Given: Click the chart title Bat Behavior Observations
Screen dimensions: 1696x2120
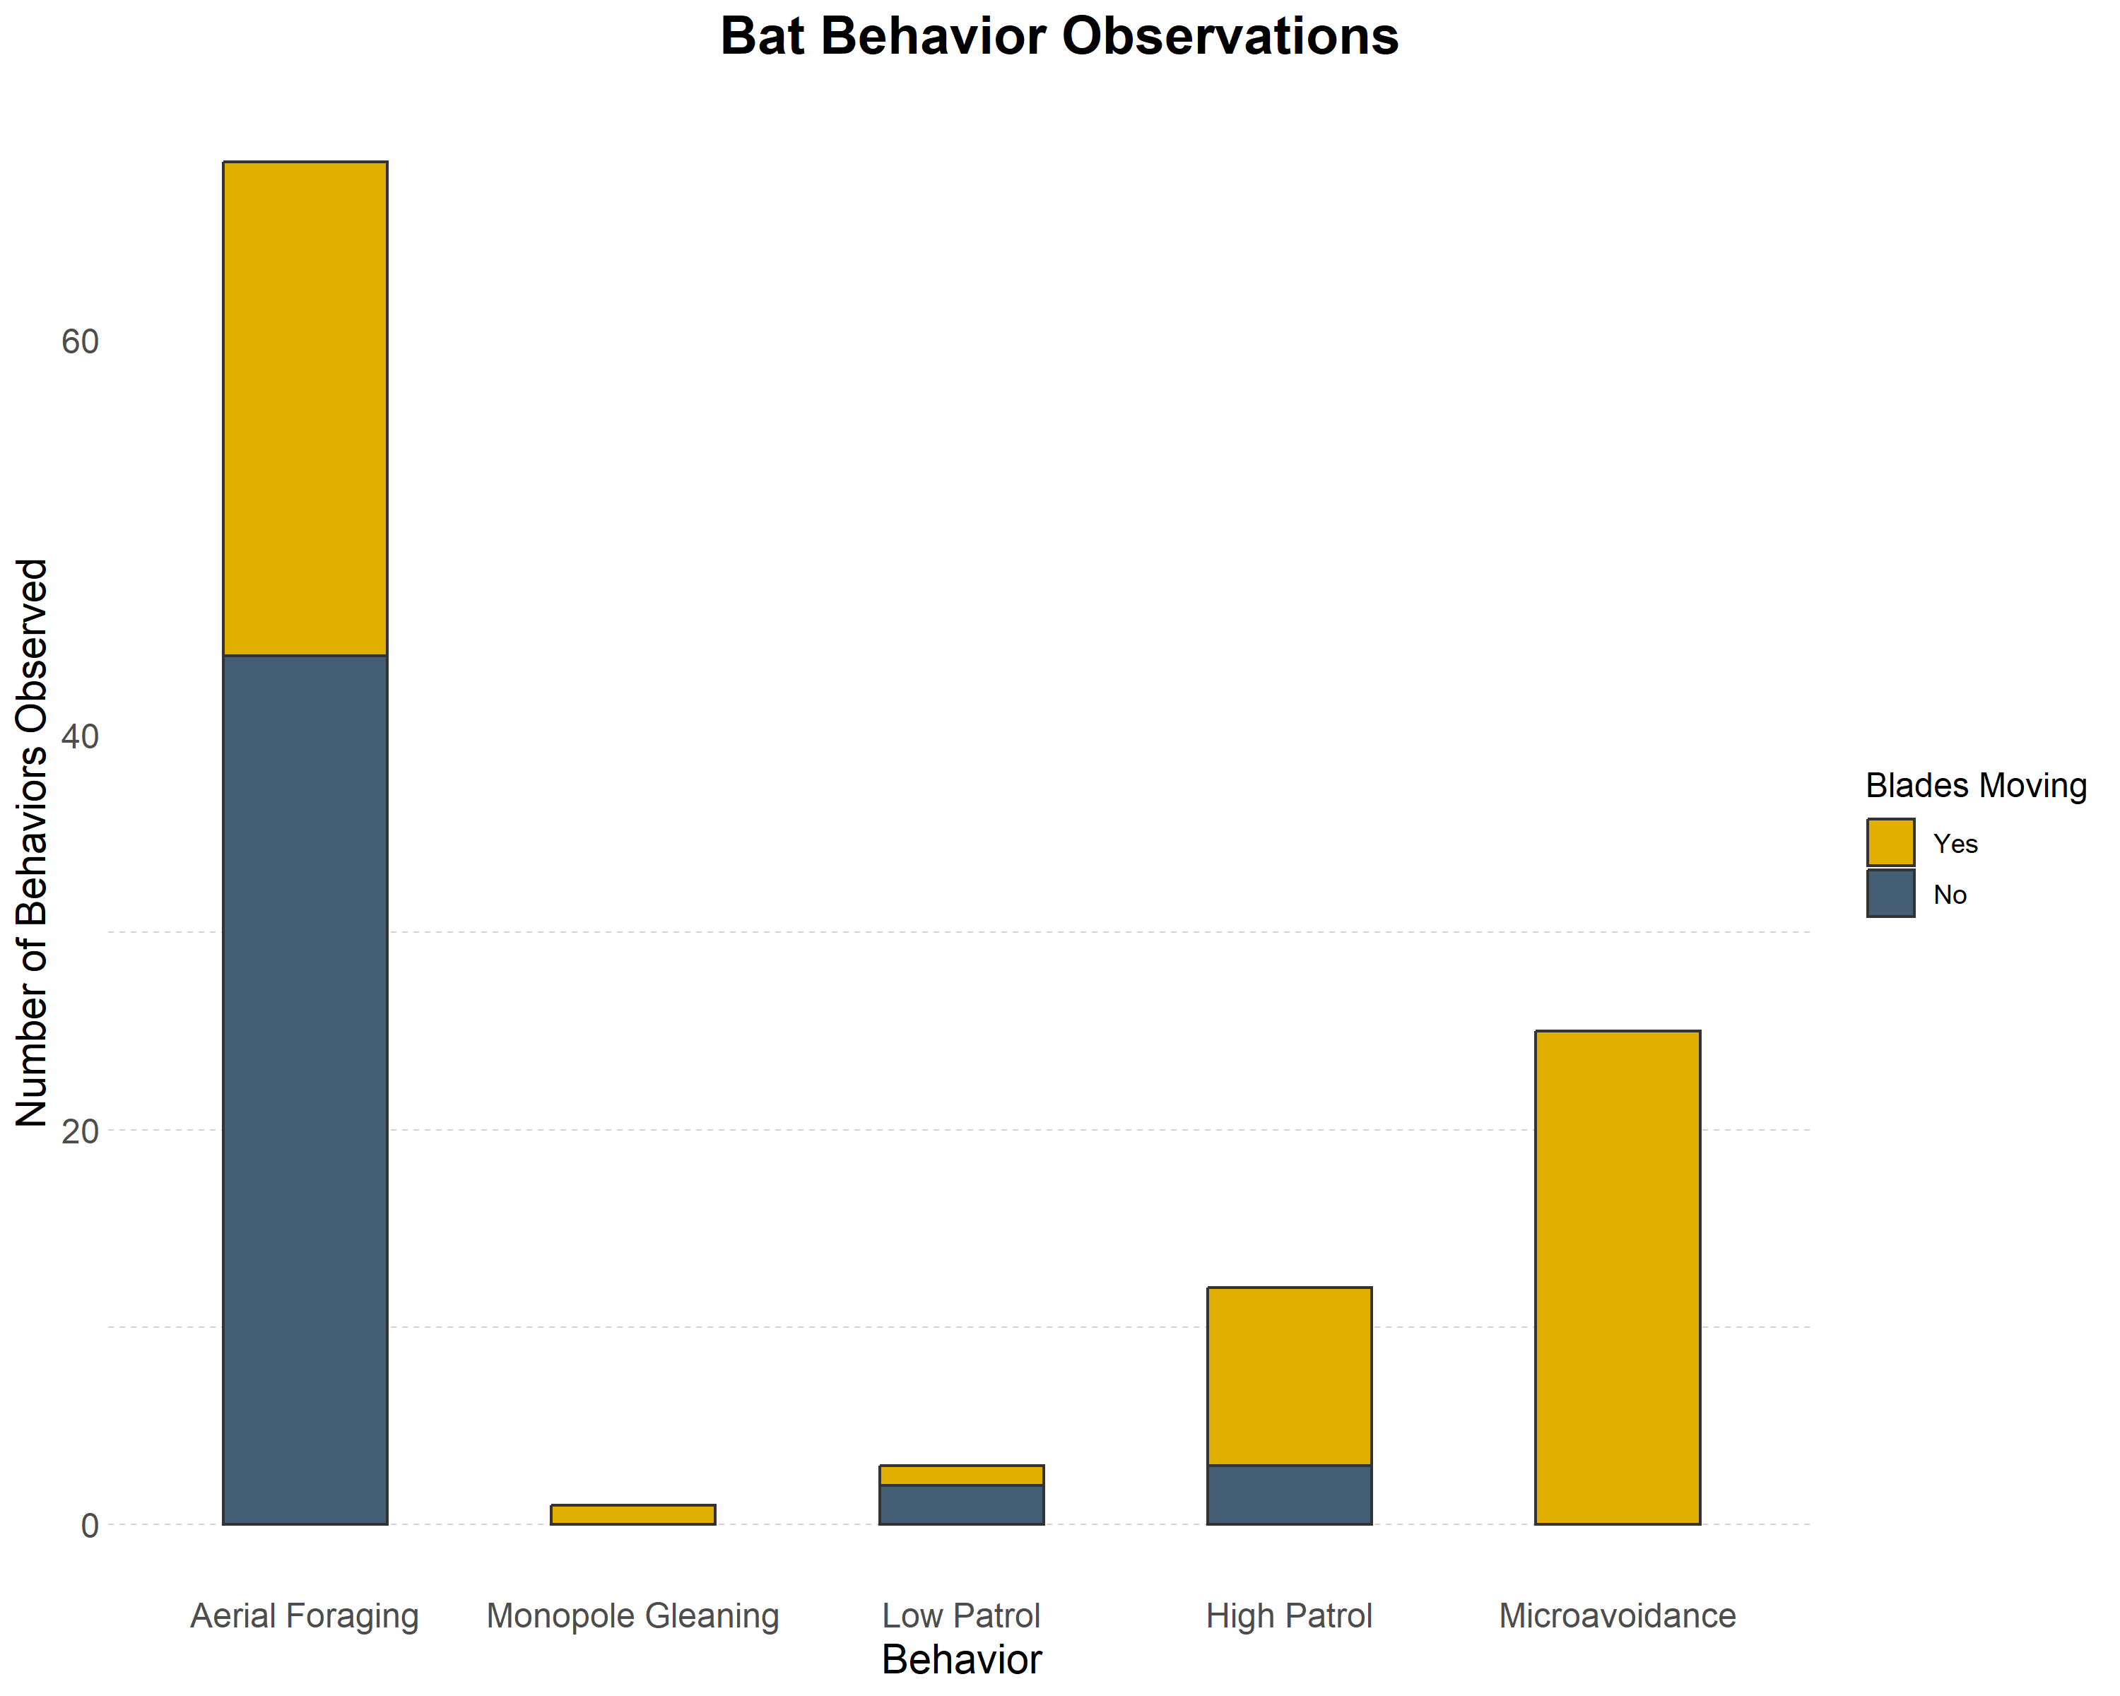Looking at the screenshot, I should pos(1059,37).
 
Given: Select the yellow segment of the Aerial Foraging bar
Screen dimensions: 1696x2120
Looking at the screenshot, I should pos(305,408).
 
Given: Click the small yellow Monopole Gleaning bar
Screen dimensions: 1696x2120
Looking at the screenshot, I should pos(632,1514).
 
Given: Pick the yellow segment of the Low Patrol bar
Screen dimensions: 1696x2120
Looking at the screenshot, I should pos(960,1475).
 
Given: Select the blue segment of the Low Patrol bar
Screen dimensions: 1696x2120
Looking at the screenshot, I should pos(960,1504).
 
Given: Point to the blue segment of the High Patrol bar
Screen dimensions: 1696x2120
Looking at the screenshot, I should pos(1289,1495).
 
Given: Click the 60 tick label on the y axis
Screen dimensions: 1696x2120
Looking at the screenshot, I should pos(80,342).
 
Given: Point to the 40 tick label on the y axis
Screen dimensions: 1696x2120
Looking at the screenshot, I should pos(80,736).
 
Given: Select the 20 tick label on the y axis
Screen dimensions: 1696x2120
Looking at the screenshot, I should pos(80,1131).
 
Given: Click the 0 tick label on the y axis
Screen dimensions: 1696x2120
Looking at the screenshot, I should pos(90,1525).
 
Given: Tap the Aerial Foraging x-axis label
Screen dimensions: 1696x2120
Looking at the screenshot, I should pos(305,1615).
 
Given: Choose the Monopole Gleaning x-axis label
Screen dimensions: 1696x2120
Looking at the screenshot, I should pos(632,1615).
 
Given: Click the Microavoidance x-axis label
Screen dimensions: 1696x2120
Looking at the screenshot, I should pos(1618,1615).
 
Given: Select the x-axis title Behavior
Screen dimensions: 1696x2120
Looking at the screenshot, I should pos(960,1660).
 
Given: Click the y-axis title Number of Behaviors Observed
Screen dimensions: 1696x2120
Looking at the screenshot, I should pos(33,842).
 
